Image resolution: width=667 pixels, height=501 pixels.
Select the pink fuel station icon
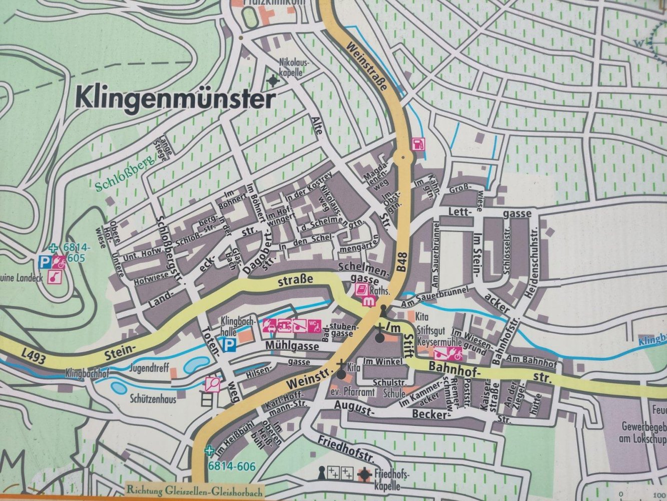[x=416, y=144]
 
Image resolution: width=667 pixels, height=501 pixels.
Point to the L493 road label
[x=34, y=358]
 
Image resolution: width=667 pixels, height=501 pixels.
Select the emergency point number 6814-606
[x=232, y=467]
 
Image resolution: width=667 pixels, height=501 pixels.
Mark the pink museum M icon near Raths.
[x=369, y=301]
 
